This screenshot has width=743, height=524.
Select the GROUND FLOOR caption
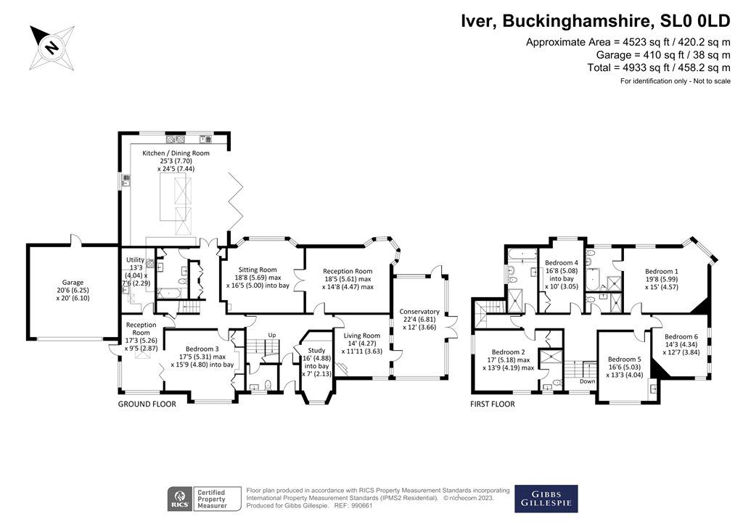[147, 404]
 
